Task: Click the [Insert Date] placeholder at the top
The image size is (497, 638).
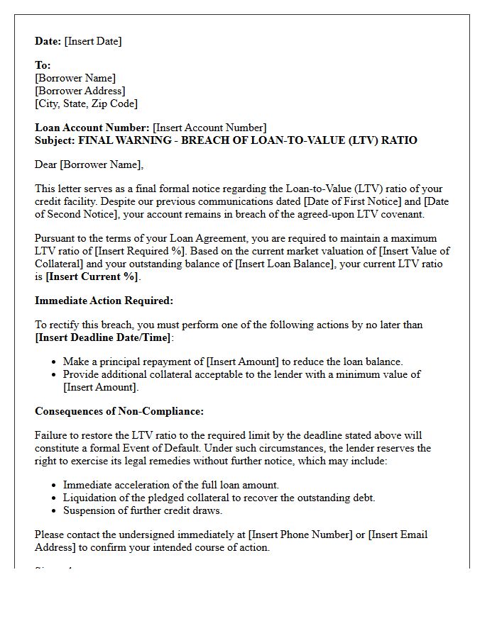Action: click(x=93, y=41)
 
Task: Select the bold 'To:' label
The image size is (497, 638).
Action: click(x=43, y=65)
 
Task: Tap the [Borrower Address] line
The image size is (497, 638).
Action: click(x=80, y=91)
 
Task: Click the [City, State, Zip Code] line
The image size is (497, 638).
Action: click(x=86, y=103)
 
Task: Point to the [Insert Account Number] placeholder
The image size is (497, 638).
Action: click(x=209, y=128)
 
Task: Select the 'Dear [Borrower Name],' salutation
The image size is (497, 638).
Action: click(x=89, y=164)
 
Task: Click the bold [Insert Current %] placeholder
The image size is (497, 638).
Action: click(x=92, y=276)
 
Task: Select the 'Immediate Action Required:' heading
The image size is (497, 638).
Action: click(x=104, y=301)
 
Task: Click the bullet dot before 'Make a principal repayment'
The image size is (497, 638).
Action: click(x=55, y=362)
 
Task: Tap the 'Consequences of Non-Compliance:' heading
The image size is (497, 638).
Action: click(x=119, y=411)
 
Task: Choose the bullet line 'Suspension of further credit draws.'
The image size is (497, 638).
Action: click(x=142, y=510)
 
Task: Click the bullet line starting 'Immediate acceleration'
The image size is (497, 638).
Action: click(x=170, y=485)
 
